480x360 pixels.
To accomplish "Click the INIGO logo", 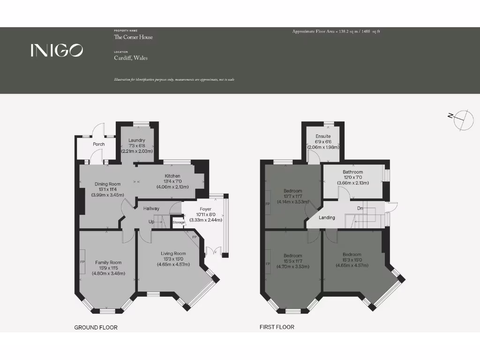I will coord(57,50).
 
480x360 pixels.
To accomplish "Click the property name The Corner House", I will coord(133,37).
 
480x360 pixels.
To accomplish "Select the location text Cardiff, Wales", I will coord(131,58).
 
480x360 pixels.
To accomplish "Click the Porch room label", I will coord(98,144).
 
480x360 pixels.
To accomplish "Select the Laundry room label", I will coord(137,140).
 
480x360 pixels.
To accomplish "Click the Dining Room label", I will coord(108,184).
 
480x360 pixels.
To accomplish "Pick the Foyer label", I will coord(205,209).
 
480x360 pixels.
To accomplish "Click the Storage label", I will coord(179,222).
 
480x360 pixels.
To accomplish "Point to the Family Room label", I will coord(108,262).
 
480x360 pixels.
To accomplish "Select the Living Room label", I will coord(173,254).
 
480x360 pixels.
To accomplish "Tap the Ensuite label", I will coord(323,136).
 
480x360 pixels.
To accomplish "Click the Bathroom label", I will coord(352,172).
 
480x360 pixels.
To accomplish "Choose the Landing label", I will coord(327,217).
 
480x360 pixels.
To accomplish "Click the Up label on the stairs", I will coord(151,221).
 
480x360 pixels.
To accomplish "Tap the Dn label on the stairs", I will coord(360,208).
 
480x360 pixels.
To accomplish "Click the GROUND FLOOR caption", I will coord(96,327).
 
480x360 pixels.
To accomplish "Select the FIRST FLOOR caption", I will coord(277,327).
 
